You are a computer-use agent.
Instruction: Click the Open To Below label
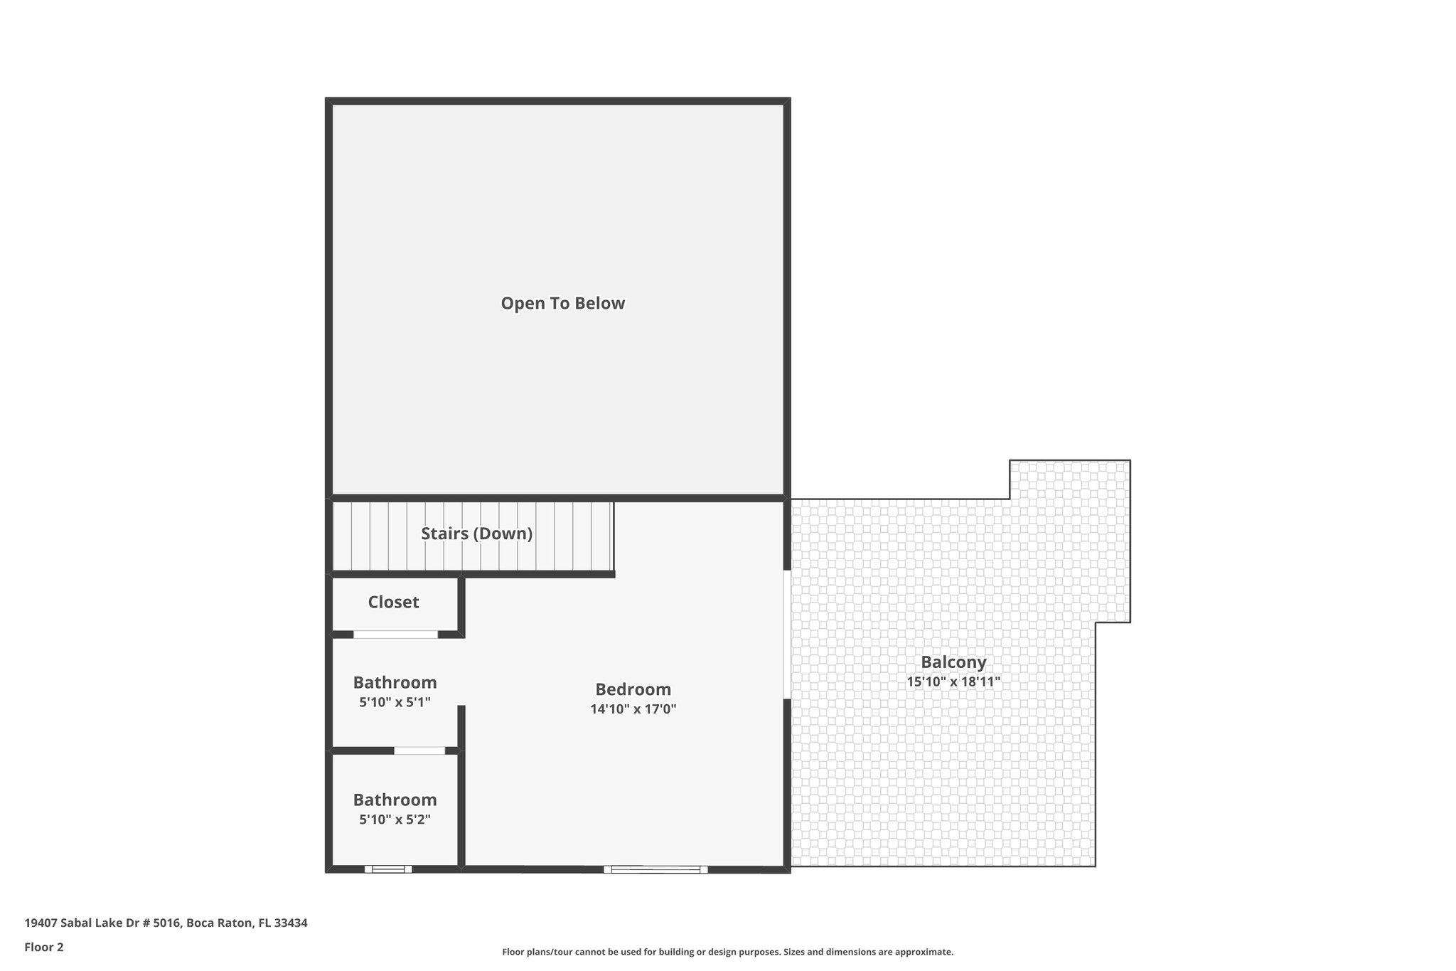tap(562, 304)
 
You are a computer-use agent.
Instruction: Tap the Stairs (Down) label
tap(476, 534)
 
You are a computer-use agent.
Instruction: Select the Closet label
tap(393, 603)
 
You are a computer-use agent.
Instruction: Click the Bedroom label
tap(633, 689)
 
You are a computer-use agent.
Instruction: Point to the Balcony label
tap(953, 662)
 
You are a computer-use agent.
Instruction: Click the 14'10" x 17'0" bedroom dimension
tap(633, 709)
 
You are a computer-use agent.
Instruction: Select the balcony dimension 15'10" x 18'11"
tap(953, 681)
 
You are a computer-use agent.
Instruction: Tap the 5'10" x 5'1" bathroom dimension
tap(395, 702)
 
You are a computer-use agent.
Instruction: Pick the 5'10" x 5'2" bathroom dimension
tap(395, 819)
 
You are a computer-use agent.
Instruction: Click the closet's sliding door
tap(395, 634)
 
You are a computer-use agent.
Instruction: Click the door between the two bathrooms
tap(419, 750)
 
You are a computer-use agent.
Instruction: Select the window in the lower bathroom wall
tap(388, 869)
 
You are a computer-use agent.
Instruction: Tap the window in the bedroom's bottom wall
tap(655, 869)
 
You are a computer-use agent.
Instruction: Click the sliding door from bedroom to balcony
tap(787, 634)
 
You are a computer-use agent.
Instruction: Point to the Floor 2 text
tap(44, 947)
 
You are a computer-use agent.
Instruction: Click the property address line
tap(166, 923)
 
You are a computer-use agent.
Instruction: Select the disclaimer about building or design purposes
tap(727, 952)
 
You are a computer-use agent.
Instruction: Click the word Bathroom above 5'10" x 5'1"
tap(395, 683)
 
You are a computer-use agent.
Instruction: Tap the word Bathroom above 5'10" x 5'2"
tap(395, 800)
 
